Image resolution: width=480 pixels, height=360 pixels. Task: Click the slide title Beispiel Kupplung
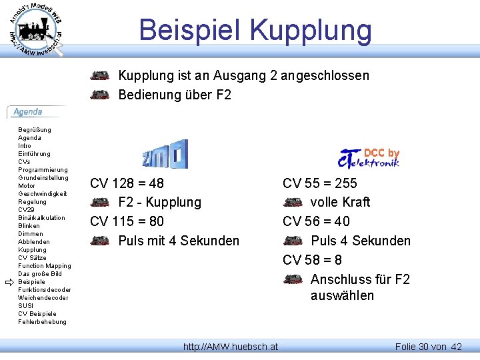point(255,30)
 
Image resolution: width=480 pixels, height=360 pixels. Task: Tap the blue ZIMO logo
point(165,154)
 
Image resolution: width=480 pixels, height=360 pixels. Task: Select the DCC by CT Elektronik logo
point(369,158)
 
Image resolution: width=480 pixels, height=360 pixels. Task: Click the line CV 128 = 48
point(127,183)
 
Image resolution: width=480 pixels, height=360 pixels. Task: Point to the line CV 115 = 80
point(127,221)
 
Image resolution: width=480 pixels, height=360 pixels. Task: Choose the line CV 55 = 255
point(320,183)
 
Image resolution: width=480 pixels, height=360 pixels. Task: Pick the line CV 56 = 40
point(316,221)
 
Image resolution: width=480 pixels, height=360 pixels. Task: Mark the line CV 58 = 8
point(313,260)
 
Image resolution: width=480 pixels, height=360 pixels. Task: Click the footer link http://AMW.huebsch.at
point(231,347)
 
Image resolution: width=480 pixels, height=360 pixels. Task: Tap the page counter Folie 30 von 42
point(428,347)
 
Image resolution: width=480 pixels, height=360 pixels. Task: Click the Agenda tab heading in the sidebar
point(28,112)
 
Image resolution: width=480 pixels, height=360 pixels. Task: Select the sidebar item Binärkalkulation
point(41,218)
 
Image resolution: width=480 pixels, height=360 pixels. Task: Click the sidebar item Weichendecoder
point(42,298)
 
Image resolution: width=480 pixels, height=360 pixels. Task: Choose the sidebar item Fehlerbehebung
point(42,322)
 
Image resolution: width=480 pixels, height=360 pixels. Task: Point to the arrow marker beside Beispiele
point(9,283)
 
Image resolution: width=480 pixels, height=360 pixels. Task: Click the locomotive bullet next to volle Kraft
point(293,202)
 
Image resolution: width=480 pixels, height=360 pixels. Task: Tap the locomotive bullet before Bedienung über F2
point(100,95)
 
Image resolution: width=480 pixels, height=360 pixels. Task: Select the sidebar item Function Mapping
point(44,266)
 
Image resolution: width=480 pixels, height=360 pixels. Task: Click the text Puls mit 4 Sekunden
point(179,241)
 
